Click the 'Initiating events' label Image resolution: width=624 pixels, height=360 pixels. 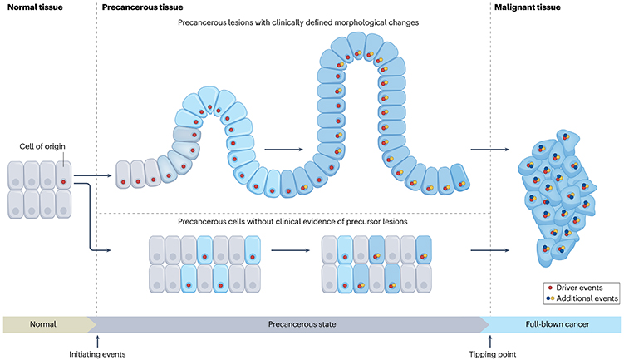[98, 353]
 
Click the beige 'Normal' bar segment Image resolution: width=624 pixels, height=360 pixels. [46, 323]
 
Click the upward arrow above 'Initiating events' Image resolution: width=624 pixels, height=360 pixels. [98, 339]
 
